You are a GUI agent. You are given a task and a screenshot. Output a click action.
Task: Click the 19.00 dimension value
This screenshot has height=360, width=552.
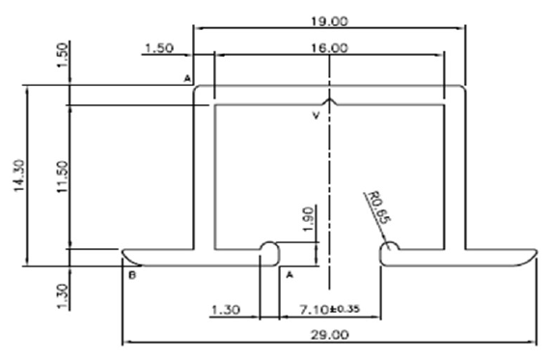pyautogui.click(x=329, y=21)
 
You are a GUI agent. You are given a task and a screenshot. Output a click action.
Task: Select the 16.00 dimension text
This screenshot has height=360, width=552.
pyautogui.click(x=329, y=48)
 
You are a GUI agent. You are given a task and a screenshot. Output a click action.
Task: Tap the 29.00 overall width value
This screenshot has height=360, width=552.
pyautogui.click(x=330, y=334)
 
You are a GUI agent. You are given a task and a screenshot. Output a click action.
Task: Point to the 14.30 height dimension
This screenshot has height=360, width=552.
pyautogui.click(x=19, y=176)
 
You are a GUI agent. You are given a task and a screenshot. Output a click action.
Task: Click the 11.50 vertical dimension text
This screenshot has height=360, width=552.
pyautogui.click(x=62, y=177)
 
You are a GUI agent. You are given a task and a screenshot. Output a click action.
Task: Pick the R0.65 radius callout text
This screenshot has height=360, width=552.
pyautogui.click(x=379, y=208)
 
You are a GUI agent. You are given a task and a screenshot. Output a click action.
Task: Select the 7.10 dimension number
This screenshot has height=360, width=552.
pyautogui.click(x=315, y=310)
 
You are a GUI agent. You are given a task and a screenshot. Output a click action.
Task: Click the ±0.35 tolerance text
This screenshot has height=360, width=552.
pyautogui.click(x=345, y=309)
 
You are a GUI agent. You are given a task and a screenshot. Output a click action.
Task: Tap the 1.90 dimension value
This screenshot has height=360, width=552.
pyautogui.click(x=308, y=219)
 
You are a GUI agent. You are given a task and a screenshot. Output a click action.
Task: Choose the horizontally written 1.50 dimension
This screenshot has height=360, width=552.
pyautogui.click(x=159, y=48)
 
